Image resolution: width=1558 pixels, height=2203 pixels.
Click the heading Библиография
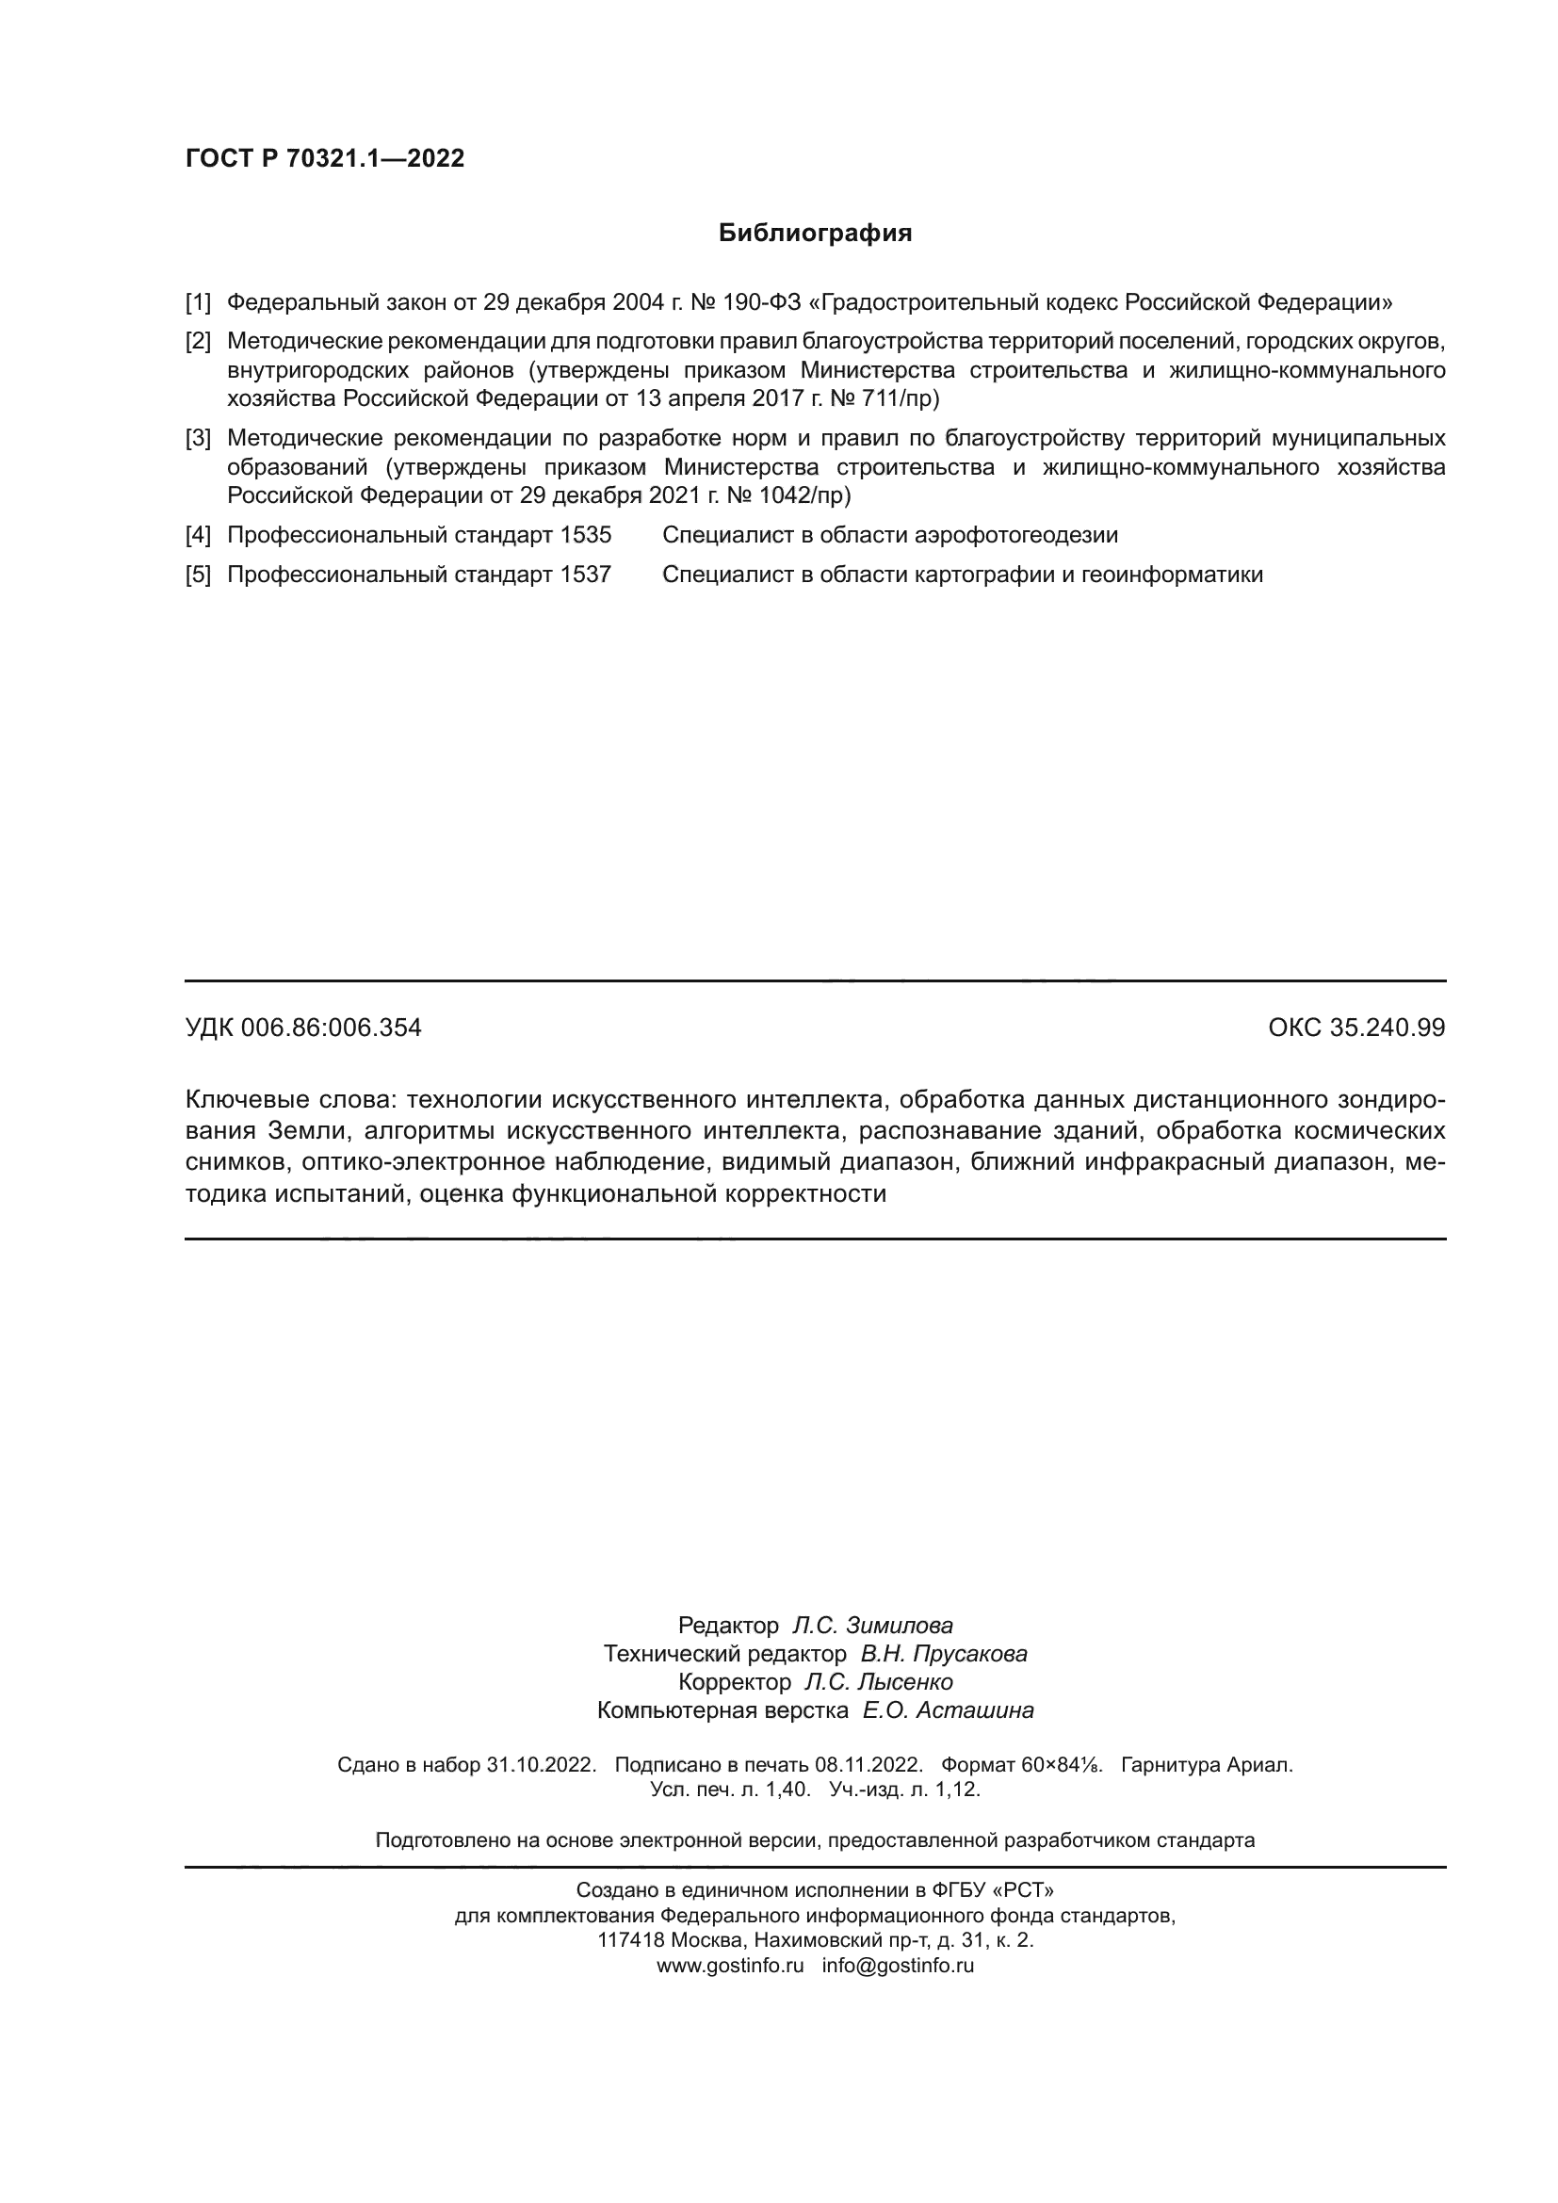815,234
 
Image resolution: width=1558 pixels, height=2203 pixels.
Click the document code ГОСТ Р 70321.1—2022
324,158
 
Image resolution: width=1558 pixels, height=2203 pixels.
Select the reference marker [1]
198,303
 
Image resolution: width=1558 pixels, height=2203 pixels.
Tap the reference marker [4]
198,535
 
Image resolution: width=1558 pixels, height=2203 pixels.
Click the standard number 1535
585,535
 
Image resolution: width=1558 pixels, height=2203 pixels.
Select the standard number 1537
585,575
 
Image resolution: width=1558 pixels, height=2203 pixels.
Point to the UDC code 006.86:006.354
331,1029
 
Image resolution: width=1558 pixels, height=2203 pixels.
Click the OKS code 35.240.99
1388,1029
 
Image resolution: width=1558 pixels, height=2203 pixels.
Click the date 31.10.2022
541,1764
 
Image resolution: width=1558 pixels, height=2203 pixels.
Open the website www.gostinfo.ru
730,1965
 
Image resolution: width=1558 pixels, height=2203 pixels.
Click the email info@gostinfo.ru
898,1965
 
